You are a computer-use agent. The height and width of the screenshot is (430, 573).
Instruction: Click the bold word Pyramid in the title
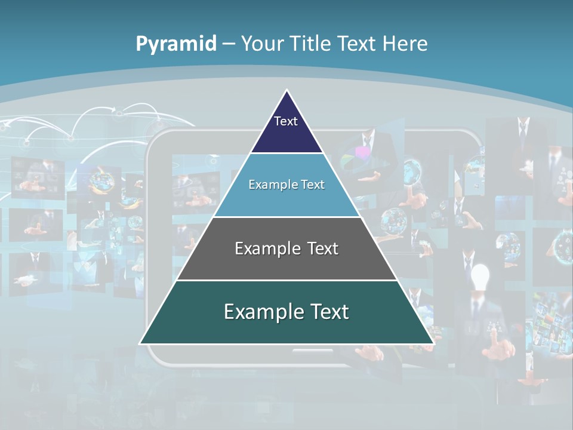click(x=176, y=44)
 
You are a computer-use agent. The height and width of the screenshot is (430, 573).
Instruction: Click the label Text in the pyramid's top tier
click(x=286, y=121)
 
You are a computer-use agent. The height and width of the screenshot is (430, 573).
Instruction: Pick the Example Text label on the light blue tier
click(x=286, y=185)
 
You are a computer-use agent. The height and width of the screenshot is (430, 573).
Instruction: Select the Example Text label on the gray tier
click(x=286, y=248)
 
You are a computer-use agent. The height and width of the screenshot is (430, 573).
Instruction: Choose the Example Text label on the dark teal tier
click(x=286, y=312)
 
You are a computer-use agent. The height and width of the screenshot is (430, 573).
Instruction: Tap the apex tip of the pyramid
click(x=287, y=91)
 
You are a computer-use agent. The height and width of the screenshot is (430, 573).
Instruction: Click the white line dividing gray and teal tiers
click(x=286, y=280)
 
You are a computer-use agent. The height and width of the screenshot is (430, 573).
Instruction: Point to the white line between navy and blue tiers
click(x=286, y=153)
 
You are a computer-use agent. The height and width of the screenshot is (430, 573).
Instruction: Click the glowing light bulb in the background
click(x=480, y=275)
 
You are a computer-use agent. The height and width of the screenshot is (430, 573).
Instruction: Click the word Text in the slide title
click(x=356, y=44)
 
